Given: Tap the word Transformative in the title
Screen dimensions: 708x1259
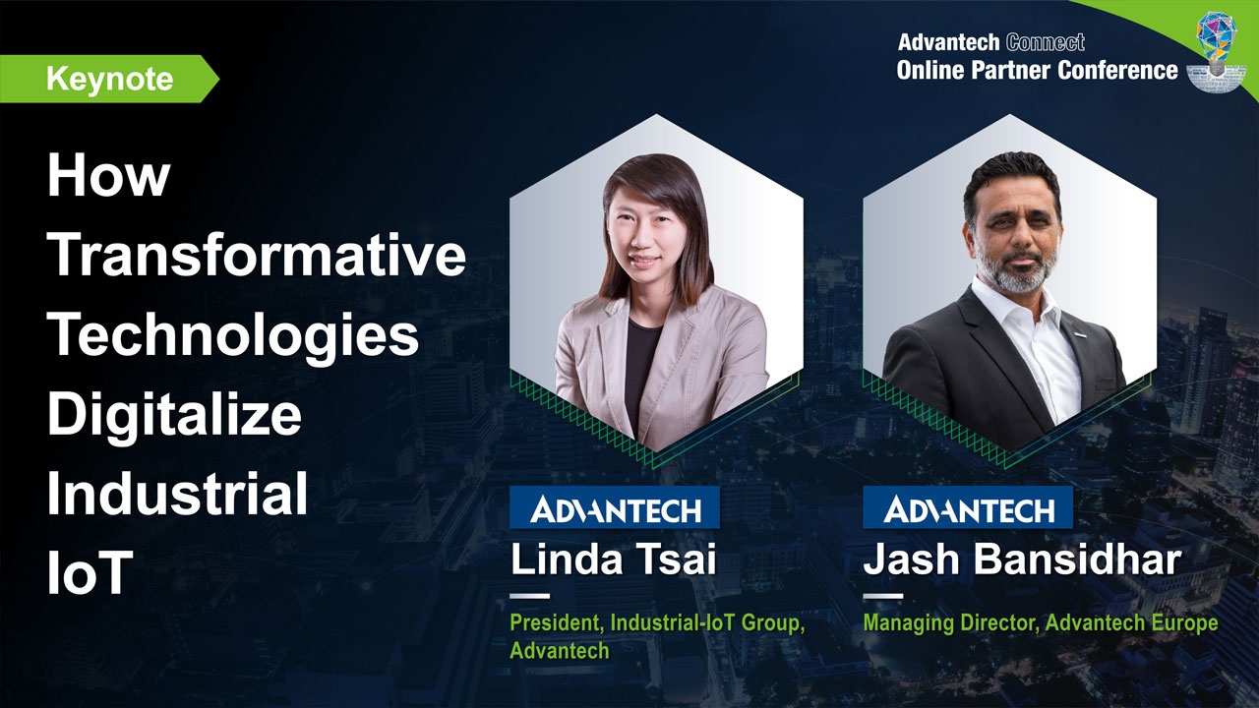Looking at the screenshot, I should click(257, 255).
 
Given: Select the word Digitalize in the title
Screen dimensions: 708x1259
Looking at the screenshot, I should click(174, 414).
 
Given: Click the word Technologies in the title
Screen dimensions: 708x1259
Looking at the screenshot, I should click(234, 334).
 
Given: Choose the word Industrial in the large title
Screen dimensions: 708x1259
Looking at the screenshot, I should click(178, 495).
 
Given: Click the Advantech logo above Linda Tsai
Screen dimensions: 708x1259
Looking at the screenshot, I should click(615, 508).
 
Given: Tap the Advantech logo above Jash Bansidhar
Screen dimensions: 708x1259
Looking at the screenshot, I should click(969, 508).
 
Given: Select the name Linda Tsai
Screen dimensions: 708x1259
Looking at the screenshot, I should click(613, 560).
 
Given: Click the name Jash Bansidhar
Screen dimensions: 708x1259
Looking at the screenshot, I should click(1021, 560).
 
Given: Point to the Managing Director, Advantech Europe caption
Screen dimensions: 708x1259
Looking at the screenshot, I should click(1040, 623).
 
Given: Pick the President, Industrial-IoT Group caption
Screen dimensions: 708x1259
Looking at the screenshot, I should click(657, 623).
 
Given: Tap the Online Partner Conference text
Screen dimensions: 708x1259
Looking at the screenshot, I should click(1037, 70).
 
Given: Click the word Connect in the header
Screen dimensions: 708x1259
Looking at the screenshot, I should click(1046, 42).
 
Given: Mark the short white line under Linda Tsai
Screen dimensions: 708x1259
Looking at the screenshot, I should click(529, 596).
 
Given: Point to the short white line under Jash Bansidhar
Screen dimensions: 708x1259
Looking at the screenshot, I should click(882, 596).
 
